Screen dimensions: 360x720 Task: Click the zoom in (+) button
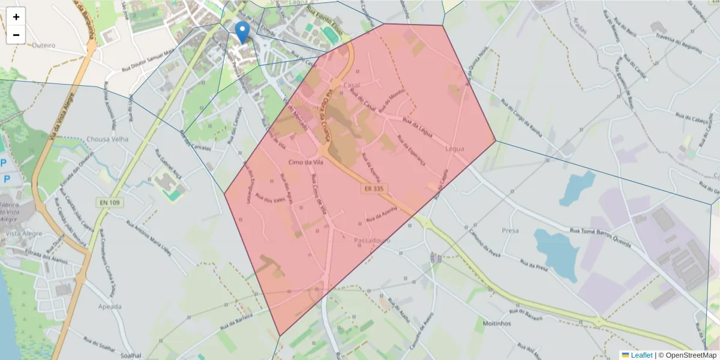coord(16,17)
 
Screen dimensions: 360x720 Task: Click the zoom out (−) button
coord(16,35)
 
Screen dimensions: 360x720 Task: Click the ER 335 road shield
coord(373,188)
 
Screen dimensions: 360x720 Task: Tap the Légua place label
coord(455,148)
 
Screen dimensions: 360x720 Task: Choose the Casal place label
coord(351,86)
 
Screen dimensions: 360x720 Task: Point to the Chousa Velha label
coord(107,139)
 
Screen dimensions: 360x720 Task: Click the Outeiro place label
coord(43,45)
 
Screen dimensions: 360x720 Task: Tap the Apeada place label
coord(109,307)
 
